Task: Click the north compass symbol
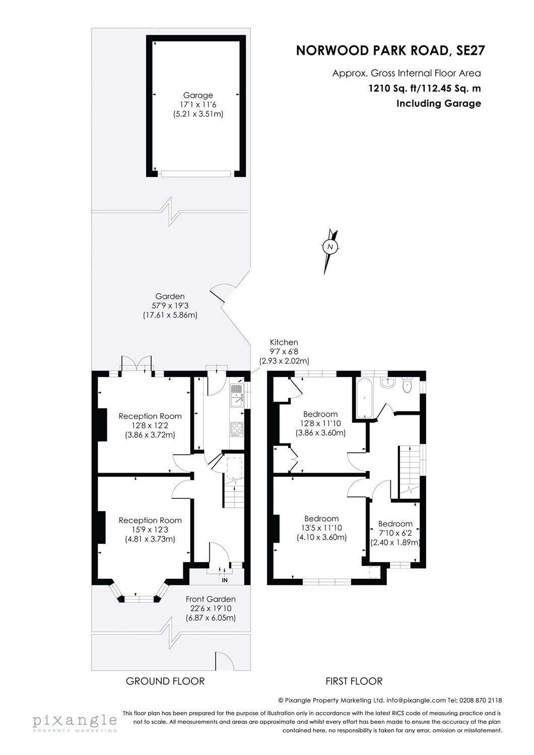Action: tap(330, 247)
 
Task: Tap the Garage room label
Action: tap(197, 95)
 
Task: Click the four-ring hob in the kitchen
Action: tap(236, 428)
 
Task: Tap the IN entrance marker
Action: tap(225, 580)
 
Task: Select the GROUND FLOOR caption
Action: tap(165, 681)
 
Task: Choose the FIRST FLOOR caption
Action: tap(354, 681)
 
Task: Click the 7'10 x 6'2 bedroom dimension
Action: tap(395, 533)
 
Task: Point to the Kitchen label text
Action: tap(284, 342)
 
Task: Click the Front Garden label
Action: tap(211, 599)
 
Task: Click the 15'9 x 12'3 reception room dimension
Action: tap(150, 530)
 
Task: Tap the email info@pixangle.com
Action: tap(416, 700)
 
